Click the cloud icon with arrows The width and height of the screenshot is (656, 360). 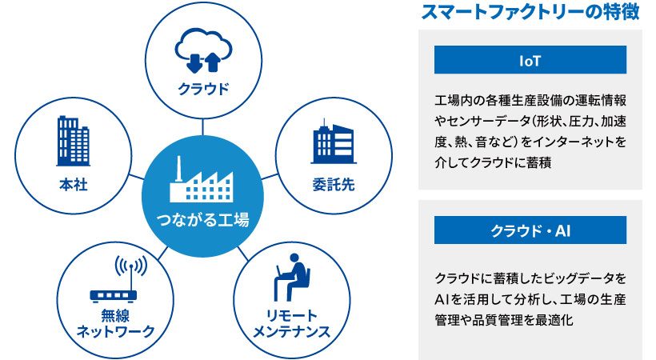click(204, 50)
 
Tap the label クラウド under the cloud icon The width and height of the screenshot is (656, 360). click(204, 89)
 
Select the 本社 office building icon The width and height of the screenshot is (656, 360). click(74, 141)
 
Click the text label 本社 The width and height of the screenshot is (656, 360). click(74, 185)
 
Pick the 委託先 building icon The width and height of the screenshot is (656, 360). click(334, 142)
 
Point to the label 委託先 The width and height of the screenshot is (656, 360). click(334, 185)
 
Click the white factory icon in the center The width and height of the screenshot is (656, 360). click(202, 179)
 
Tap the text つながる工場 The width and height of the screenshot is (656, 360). click(202, 219)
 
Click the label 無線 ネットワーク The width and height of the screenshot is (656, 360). click(115, 323)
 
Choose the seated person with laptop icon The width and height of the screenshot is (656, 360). click(293, 277)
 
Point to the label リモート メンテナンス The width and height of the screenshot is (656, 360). click(292, 323)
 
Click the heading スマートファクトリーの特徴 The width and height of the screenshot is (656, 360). click(530, 11)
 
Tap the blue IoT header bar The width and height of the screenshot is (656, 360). click(530, 60)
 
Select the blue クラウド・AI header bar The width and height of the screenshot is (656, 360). click(530, 230)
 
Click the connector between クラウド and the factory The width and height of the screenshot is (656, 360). click(203, 127)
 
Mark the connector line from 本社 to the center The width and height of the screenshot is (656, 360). click(137, 176)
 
